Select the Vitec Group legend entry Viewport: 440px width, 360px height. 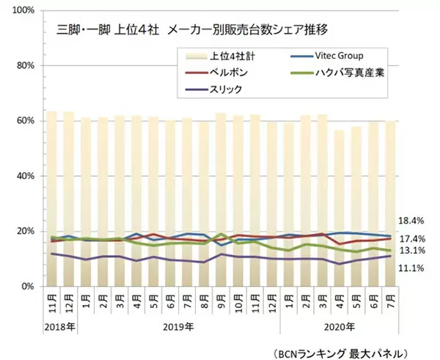[x=337, y=55]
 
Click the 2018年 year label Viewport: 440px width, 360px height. [x=60, y=326]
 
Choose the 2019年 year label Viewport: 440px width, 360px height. [x=179, y=326]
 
